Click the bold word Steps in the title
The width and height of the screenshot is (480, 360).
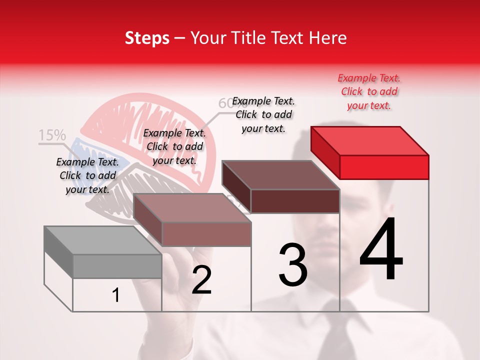click(x=147, y=38)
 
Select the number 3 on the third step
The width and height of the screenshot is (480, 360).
click(x=293, y=265)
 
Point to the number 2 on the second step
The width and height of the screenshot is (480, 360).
click(x=202, y=280)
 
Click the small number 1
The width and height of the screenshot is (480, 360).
click(x=116, y=295)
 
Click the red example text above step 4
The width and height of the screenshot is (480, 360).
click(x=369, y=91)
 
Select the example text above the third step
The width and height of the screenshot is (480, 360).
click(x=263, y=114)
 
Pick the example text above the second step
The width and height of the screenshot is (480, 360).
click(x=174, y=146)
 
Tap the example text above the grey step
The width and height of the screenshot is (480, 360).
click(x=87, y=175)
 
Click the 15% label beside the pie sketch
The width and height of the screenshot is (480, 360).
click(x=52, y=135)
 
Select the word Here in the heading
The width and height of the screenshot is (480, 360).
click(x=328, y=38)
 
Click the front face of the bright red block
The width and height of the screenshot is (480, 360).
click(x=384, y=167)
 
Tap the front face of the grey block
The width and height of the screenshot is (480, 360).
click(x=117, y=266)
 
